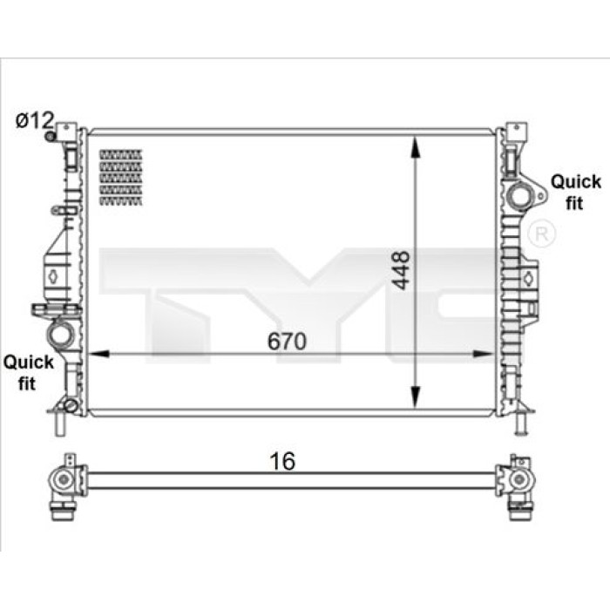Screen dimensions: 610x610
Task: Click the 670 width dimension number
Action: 287,342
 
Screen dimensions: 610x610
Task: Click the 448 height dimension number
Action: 400,270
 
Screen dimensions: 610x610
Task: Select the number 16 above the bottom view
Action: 282,461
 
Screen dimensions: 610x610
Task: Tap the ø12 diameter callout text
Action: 34,120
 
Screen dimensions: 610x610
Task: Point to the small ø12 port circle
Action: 50,137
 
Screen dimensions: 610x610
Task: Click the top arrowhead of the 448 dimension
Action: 416,147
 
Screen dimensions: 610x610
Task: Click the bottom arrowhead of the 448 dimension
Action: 416,397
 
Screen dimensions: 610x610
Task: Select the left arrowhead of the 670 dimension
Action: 98,354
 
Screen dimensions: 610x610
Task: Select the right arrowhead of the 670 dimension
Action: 483,354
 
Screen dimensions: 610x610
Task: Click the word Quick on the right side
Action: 576,182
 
